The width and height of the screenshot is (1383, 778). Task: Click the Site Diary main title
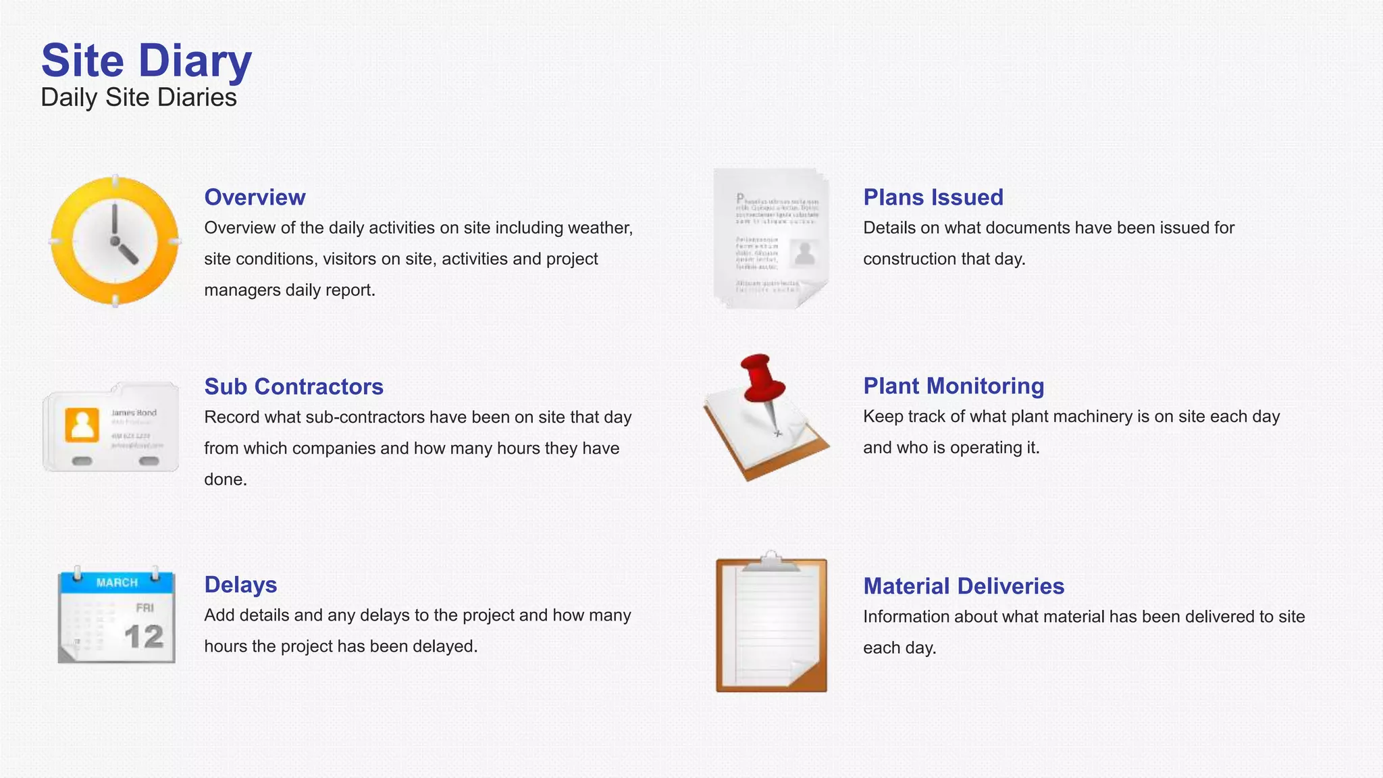click(146, 60)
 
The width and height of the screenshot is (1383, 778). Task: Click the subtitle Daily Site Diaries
click(138, 97)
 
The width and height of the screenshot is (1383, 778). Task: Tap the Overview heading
click(255, 197)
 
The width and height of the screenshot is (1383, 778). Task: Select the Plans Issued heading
click(933, 197)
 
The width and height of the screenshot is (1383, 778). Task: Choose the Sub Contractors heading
click(294, 386)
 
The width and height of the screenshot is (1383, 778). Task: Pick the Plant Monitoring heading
click(954, 386)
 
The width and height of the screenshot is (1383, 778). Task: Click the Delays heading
click(240, 584)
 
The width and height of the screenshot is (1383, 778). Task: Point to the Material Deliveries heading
click(964, 586)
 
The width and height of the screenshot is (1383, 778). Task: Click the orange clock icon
click(115, 241)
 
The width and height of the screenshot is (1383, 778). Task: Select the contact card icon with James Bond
click(111, 427)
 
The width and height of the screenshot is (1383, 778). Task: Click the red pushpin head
click(762, 378)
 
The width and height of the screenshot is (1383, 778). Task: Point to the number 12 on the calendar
click(144, 637)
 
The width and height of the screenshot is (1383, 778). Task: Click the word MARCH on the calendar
click(117, 582)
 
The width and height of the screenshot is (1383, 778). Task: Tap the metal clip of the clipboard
click(771, 562)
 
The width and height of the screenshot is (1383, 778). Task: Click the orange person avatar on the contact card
click(82, 425)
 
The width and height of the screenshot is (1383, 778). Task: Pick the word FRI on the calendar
click(145, 608)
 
